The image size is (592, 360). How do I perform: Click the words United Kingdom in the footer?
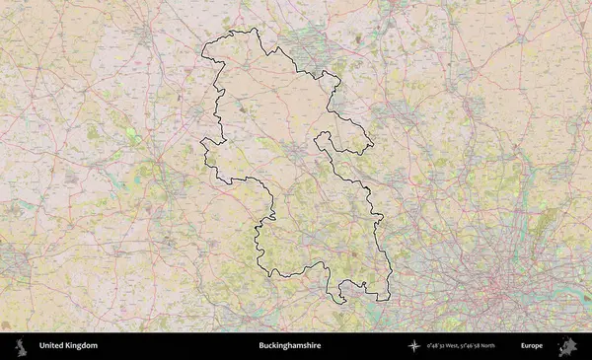(68, 346)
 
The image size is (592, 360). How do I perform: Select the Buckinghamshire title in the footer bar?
(289, 346)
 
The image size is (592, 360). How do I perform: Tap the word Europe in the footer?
(532, 346)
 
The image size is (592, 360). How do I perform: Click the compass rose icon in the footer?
(414, 346)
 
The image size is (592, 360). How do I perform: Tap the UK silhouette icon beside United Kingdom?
(21, 346)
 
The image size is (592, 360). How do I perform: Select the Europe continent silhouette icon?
(566, 346)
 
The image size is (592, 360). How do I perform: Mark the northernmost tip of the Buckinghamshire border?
(255, 29)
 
